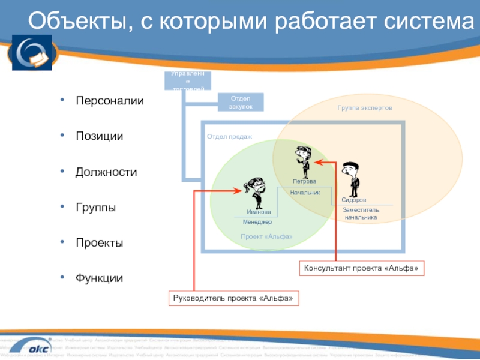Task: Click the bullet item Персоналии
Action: click(109, 101)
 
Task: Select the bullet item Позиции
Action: click(99, 136)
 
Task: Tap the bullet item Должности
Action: click(106, 172)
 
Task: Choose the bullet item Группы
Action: click(95, 208)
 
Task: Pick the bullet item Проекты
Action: click(99, 243)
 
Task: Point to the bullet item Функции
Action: click(99, 278)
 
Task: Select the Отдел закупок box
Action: click(240, 102)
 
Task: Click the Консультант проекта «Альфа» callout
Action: click(361, 268)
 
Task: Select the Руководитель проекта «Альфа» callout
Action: click(234, 298)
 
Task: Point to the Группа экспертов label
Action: click(364, 109)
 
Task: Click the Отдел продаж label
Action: click(230, 137)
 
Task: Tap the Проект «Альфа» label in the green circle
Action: click(267, 237)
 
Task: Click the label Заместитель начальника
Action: click(361, 214)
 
